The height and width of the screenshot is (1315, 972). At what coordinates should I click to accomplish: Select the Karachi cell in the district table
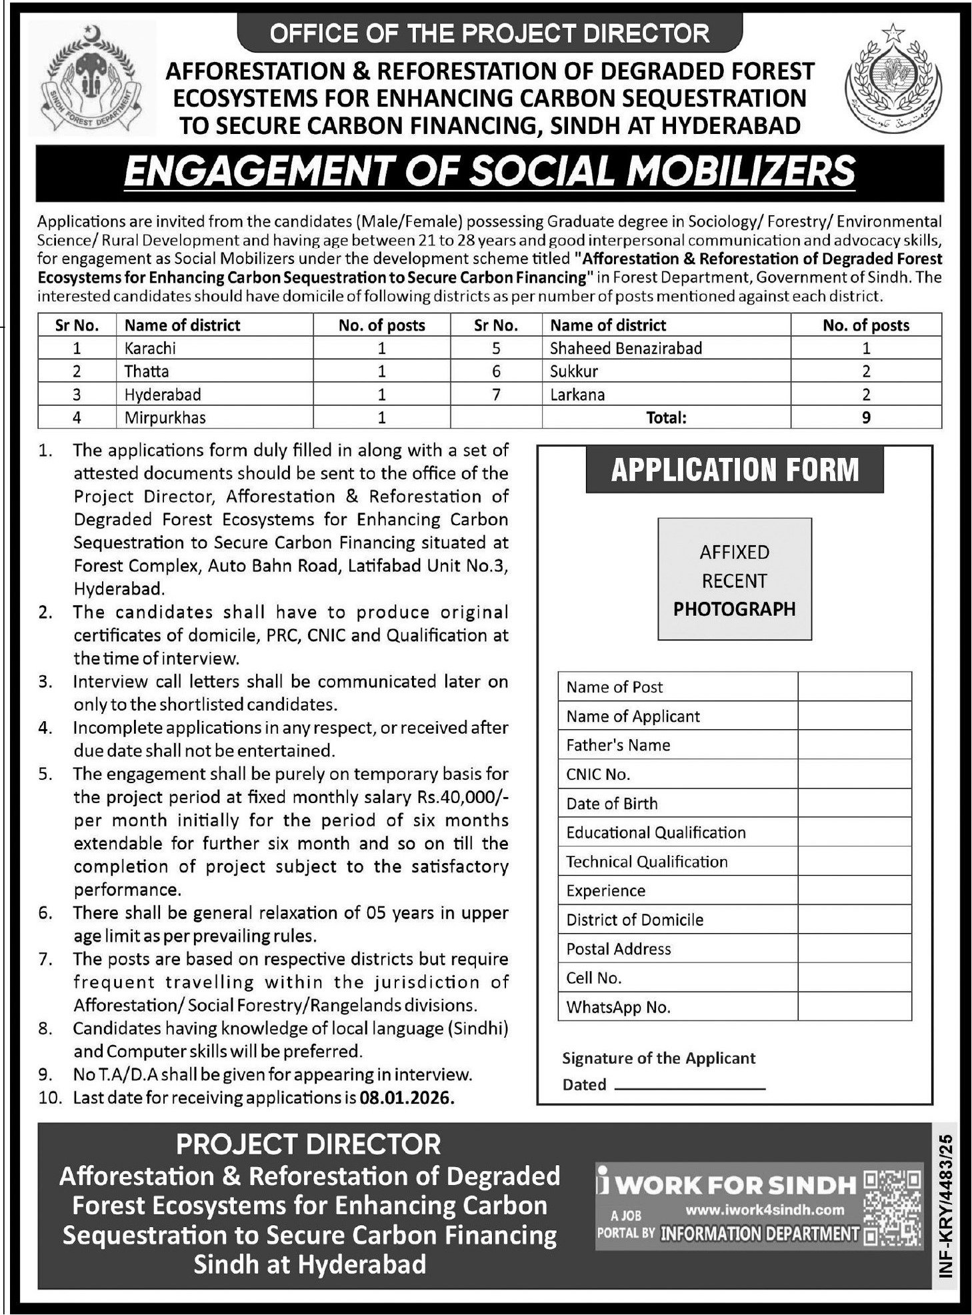coord(150,348)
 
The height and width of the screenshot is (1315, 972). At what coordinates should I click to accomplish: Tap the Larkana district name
coord(577,395)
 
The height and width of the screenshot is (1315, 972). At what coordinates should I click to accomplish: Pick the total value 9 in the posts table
coord(865,418)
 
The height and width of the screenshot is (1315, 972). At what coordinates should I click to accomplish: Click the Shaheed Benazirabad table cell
coord(625,348)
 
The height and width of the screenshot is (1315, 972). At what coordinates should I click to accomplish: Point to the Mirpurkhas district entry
coord(165,418)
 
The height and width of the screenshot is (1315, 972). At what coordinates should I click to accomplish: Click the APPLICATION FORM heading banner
coord(734,470)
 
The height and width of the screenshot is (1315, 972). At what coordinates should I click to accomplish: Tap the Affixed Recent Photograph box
coord(734,580)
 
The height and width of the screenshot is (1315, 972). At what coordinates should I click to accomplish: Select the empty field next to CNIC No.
coord(854,774)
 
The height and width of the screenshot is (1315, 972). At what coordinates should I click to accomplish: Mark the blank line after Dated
coord(689,1086)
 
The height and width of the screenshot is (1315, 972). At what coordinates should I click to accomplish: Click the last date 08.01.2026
coord(406,1098)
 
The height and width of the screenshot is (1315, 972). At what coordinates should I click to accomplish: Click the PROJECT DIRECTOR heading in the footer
coord(309,1144)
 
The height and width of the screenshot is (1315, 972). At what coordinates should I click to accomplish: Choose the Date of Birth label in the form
coord(611,803)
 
